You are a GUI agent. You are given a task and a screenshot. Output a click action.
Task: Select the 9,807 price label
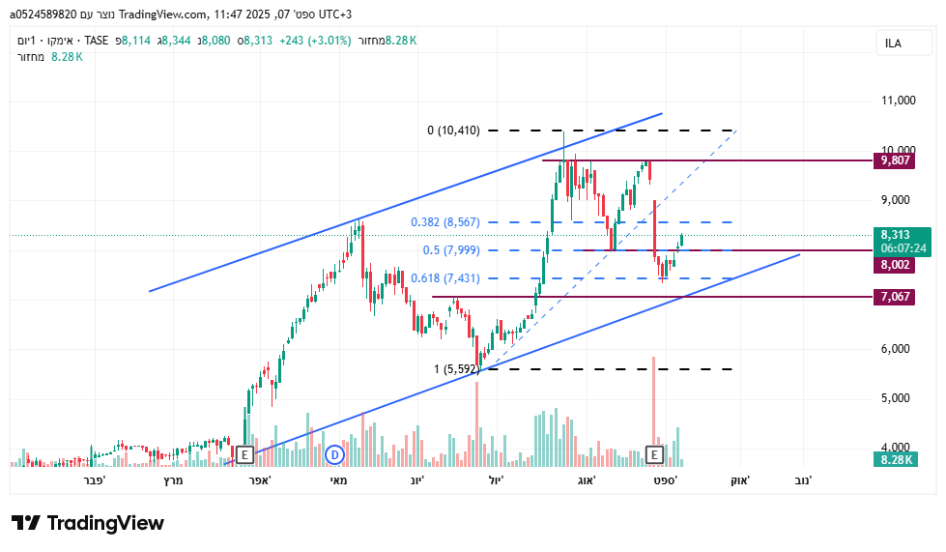tap(895, 160)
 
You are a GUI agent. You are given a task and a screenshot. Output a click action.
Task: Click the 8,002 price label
tap(895, 265)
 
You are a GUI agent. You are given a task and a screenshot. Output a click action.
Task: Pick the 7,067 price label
tap(895, 296)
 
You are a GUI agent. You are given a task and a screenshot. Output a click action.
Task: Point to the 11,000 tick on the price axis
tap(898, 101)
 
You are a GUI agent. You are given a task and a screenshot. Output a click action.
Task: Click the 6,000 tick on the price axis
tap(898, 349)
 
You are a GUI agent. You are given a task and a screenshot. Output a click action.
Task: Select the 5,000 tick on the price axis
tap(898, 398)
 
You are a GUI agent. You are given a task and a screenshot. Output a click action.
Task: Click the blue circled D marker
tap(334, 454)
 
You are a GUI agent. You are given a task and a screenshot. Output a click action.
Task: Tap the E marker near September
tap(655, 454)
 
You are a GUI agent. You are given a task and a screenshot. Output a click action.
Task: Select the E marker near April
tap(244, 454)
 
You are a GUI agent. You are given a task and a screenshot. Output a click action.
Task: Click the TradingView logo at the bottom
tap(88, 523)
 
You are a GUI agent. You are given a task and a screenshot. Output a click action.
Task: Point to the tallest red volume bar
tap(654, 406)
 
